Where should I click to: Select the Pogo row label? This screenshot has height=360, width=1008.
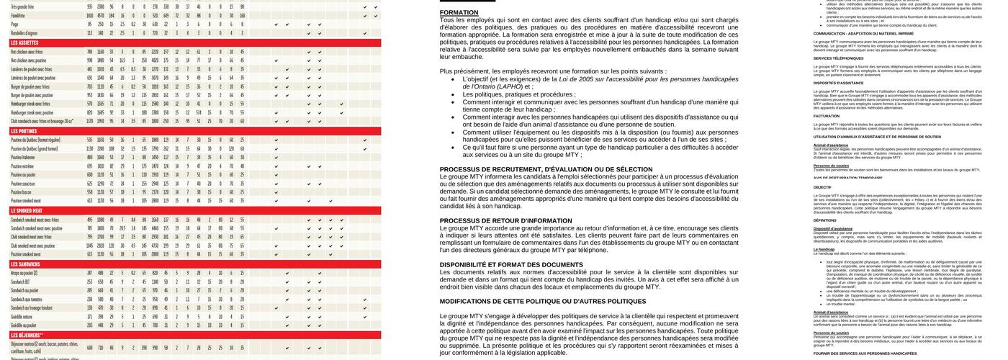pos(14,24)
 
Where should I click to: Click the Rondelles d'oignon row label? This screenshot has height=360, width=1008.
pos(24,33)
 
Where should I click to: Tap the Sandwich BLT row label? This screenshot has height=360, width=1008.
pos(21,282)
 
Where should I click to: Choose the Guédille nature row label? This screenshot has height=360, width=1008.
pos(22,317)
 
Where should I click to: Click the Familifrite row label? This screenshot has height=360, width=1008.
pos(18,15)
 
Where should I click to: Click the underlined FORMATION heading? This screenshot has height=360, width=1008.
pos(459,13)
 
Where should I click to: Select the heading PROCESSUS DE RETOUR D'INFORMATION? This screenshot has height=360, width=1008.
pos(506,221)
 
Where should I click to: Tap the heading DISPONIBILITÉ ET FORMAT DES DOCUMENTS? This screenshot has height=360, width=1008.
pos(511,265)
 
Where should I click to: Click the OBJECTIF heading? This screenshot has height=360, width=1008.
pos(822,187)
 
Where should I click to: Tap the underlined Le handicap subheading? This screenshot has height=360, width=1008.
pos(824,250)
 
